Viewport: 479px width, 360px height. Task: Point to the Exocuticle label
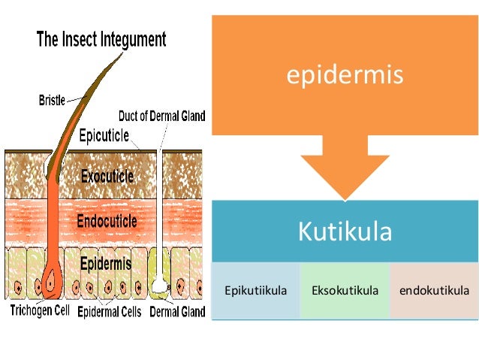point(105,176)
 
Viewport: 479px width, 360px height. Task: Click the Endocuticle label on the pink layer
point(106,221)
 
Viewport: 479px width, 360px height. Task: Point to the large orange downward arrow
point(345,169)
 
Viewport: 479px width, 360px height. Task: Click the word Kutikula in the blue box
point(345,231)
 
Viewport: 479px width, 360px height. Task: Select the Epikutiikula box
point(256,290)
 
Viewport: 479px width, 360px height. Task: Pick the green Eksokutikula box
point(345,290)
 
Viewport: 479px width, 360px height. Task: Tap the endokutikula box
point(435,290)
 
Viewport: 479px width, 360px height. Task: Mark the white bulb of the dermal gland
point(159,284)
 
